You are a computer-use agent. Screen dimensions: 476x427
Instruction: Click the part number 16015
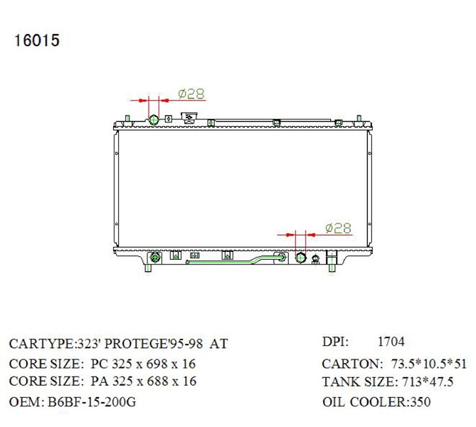pyautogui.click(x=36, y=41)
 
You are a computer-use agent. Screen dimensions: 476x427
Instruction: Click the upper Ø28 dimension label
pyautogui.click(x=191, y=94)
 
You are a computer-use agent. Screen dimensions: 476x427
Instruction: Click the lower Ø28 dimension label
pyautogui.click(x=338, y=228)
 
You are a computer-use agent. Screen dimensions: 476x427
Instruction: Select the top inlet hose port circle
pyautogui.click(x=154, y=120)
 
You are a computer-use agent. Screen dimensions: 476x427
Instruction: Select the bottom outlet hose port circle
pyautogui.click(x=300, y=258)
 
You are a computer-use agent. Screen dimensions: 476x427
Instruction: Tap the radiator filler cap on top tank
pyautogui.click(x=189, y=117)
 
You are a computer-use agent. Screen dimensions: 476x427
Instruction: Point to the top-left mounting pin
pyautogui.click(x=128, y=118)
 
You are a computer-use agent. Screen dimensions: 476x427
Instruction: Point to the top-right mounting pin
pyautogui.click(x=359, y=118)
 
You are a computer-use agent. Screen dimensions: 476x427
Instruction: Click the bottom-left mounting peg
pyautogui.click(x=148, y=268)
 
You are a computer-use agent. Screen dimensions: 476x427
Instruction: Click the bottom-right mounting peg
pyautogui.click(x=332, y=268)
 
